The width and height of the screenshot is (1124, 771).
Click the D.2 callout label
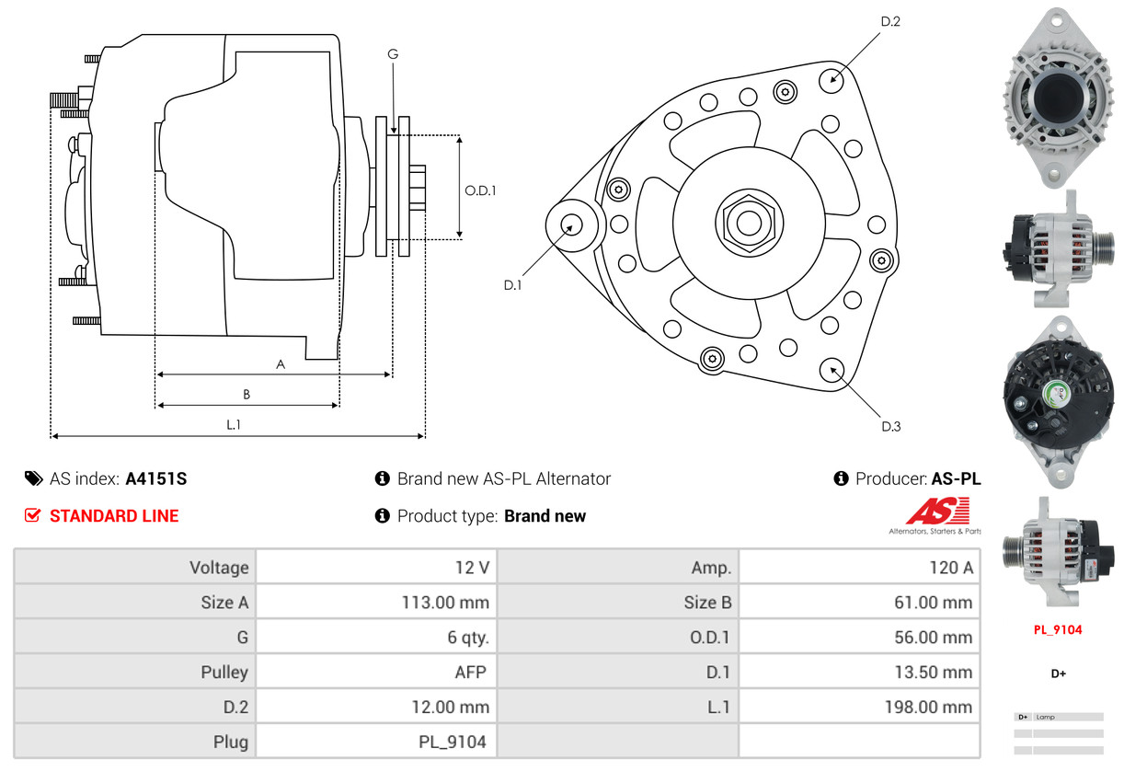point(889,21)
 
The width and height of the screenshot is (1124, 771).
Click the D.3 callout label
point(890,426)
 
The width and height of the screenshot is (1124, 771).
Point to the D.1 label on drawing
point(512,285)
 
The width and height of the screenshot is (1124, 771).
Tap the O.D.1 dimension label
point(480,190)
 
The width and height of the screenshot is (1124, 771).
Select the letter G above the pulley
point(393,54)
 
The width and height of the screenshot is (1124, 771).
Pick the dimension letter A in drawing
point(281,364)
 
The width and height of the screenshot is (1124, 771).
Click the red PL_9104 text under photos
point(1058,630)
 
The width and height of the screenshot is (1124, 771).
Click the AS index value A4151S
point(155,478)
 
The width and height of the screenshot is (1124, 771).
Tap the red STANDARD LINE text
point(114,516)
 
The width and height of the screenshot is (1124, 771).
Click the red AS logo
point(937,512)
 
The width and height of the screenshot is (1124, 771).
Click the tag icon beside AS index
point(33,478)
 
